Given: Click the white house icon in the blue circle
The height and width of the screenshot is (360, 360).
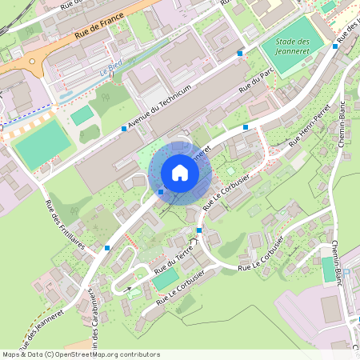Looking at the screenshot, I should tap(180, 172).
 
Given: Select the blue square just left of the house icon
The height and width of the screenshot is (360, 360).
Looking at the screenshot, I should tap(161, 191).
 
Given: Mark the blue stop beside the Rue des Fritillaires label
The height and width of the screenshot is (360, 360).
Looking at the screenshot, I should tap(107, 248).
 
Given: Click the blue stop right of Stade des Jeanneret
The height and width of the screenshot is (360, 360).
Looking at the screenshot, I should tap(335, 46).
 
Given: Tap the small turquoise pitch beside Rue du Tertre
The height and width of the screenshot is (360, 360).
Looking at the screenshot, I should tap(166, 278).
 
